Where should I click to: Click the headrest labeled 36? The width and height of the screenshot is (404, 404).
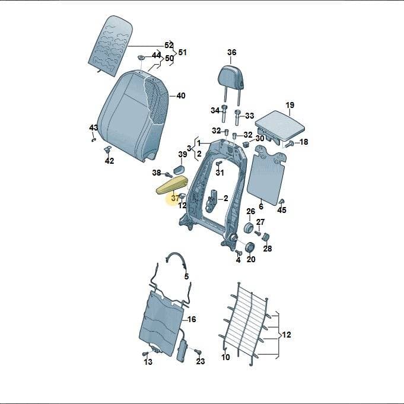click(231, 77)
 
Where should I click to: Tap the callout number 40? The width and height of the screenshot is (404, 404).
click(180, 96)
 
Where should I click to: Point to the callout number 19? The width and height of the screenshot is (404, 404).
click(290, 105)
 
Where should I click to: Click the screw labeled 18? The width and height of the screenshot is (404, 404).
click(288, 144)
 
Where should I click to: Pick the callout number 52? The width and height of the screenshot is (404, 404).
click(168, 45)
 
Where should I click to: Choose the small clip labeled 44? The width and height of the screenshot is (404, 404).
click(141, 57)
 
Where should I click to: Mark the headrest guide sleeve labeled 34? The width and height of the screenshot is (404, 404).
click(224, 114)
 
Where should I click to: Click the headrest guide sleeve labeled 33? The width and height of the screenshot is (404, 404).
click(237, 117)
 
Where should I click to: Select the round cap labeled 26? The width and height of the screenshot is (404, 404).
click(249, 227)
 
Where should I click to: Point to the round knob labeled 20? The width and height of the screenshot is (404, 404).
click(249, 247)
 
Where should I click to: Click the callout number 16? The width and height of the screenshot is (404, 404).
click(192, 320)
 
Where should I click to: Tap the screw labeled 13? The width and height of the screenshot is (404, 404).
click(146, 354)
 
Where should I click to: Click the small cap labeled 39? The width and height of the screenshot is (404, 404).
click(179, 169)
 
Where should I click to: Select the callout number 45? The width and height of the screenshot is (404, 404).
click(282, 210)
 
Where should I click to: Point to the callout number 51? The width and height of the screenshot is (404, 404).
click(182, 52)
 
